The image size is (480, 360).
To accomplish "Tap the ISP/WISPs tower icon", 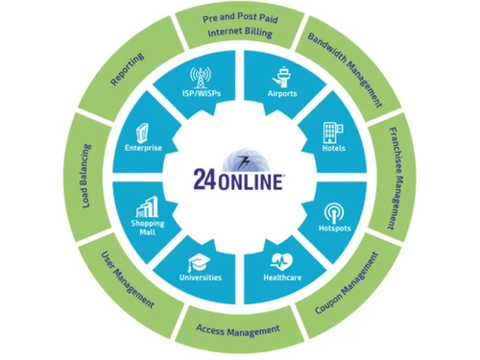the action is tap(202, 75).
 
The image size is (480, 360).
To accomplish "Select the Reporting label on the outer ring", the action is tap(128, 70).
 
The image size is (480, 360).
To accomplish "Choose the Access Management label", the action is tap(238, 331).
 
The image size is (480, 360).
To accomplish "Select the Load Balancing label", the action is tap(85, 178).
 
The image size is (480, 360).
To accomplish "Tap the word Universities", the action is tap(201, 278).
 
